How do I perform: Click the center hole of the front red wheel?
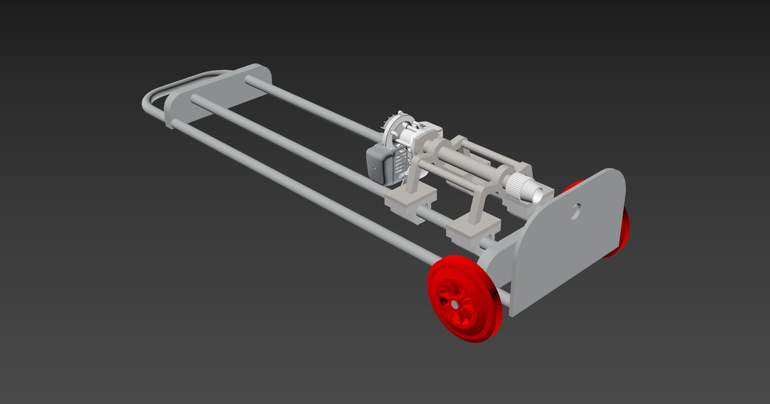coord(455,305)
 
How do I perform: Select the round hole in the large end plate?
coord(575,211)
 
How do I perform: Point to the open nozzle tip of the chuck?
coord(537,195)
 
